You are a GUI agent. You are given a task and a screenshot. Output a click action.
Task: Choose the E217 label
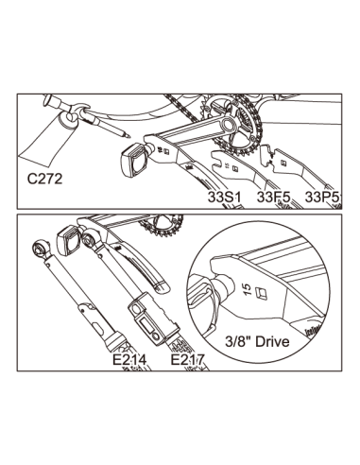[x=185, y=359]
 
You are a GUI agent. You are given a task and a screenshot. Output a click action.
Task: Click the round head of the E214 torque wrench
[x=42, y=248]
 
